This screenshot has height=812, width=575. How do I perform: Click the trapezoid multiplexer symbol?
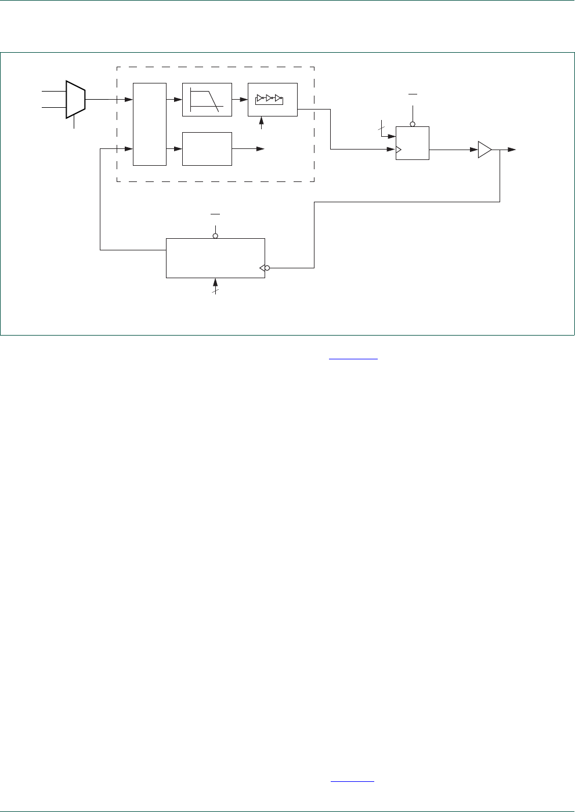(x=76, y=99)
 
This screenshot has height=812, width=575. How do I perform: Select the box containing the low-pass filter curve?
(x=207, y=100)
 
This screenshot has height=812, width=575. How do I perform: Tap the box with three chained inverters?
(x=272, y=100)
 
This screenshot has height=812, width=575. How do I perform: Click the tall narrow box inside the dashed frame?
(x=150, y=124)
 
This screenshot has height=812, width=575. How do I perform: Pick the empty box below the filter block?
(x=207, y=149)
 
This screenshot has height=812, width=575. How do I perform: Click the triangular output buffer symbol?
(x=484, y=150)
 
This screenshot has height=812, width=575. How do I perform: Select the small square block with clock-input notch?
(x=412, y=143)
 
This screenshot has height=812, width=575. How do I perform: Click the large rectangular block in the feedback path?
(x=215, y=258)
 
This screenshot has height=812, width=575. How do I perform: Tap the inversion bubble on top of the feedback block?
(x=215, y=236)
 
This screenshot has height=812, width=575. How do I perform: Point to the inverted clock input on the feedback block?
(x=265, y=268)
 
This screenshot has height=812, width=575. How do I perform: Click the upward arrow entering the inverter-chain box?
(x=261, y=121)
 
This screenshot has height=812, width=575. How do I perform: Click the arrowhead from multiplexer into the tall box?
(x=129, y=100)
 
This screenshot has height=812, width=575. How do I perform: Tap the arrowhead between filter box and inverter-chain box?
(x=244, y=100)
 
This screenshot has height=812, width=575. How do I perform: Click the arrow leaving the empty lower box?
(x=259, y=149)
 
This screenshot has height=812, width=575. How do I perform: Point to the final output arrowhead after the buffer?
(x=511, y=150)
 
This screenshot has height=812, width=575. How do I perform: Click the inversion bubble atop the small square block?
(x=413, y=124)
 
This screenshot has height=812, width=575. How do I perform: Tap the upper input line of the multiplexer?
(x=54, y=91)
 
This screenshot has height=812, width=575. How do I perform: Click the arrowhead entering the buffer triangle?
(x=473, y=150)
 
